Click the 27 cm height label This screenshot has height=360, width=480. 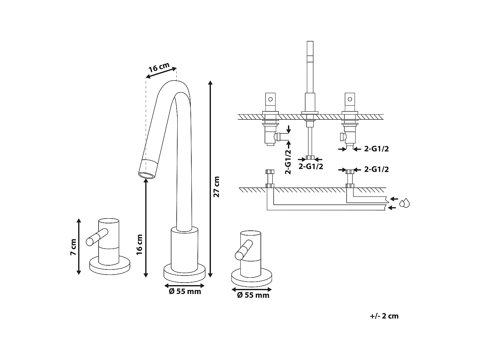[x=217, y=187]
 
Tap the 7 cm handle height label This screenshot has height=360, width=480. [x=73, y=247]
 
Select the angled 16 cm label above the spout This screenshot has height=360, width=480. [x=159, y=68]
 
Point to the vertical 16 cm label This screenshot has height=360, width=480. [x=139, y=244]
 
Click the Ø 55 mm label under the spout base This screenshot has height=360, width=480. [x=185, y=292]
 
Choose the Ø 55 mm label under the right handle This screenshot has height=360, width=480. [x=253, y=295]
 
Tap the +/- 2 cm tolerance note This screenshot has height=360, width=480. [x=384, y=316]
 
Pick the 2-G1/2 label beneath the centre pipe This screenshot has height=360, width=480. [x=310, y=166]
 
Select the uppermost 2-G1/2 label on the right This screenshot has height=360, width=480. [x=376, y=149]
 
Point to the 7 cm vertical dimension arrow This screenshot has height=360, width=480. [x=79, y=246]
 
